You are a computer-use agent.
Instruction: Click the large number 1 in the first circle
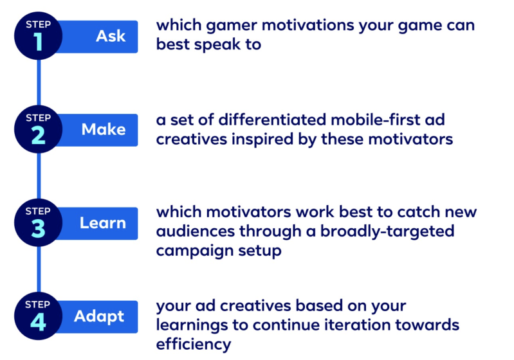pos(39,42)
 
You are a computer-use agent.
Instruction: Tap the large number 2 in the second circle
pos(39,135)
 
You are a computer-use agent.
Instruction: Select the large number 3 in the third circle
pos(39,229)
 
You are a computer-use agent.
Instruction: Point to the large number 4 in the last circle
pos(38,322)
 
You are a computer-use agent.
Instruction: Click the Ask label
pos(111,36)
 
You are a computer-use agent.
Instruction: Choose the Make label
pos(104,129)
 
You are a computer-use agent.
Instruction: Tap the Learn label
pos(102,223)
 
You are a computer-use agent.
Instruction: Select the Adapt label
pos(99,317)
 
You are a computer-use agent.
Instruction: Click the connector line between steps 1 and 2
pos(39,82)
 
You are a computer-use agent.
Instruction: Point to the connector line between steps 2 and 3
pos(39,176)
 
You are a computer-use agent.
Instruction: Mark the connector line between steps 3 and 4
pos(39,269)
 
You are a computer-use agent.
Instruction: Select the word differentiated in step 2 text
pos(272,120)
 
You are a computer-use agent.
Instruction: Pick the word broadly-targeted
pos(387,232)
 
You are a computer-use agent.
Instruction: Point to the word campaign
pos(194,251)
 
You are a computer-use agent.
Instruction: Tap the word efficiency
pos(194,345)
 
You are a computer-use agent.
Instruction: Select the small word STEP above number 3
pos(38,212)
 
